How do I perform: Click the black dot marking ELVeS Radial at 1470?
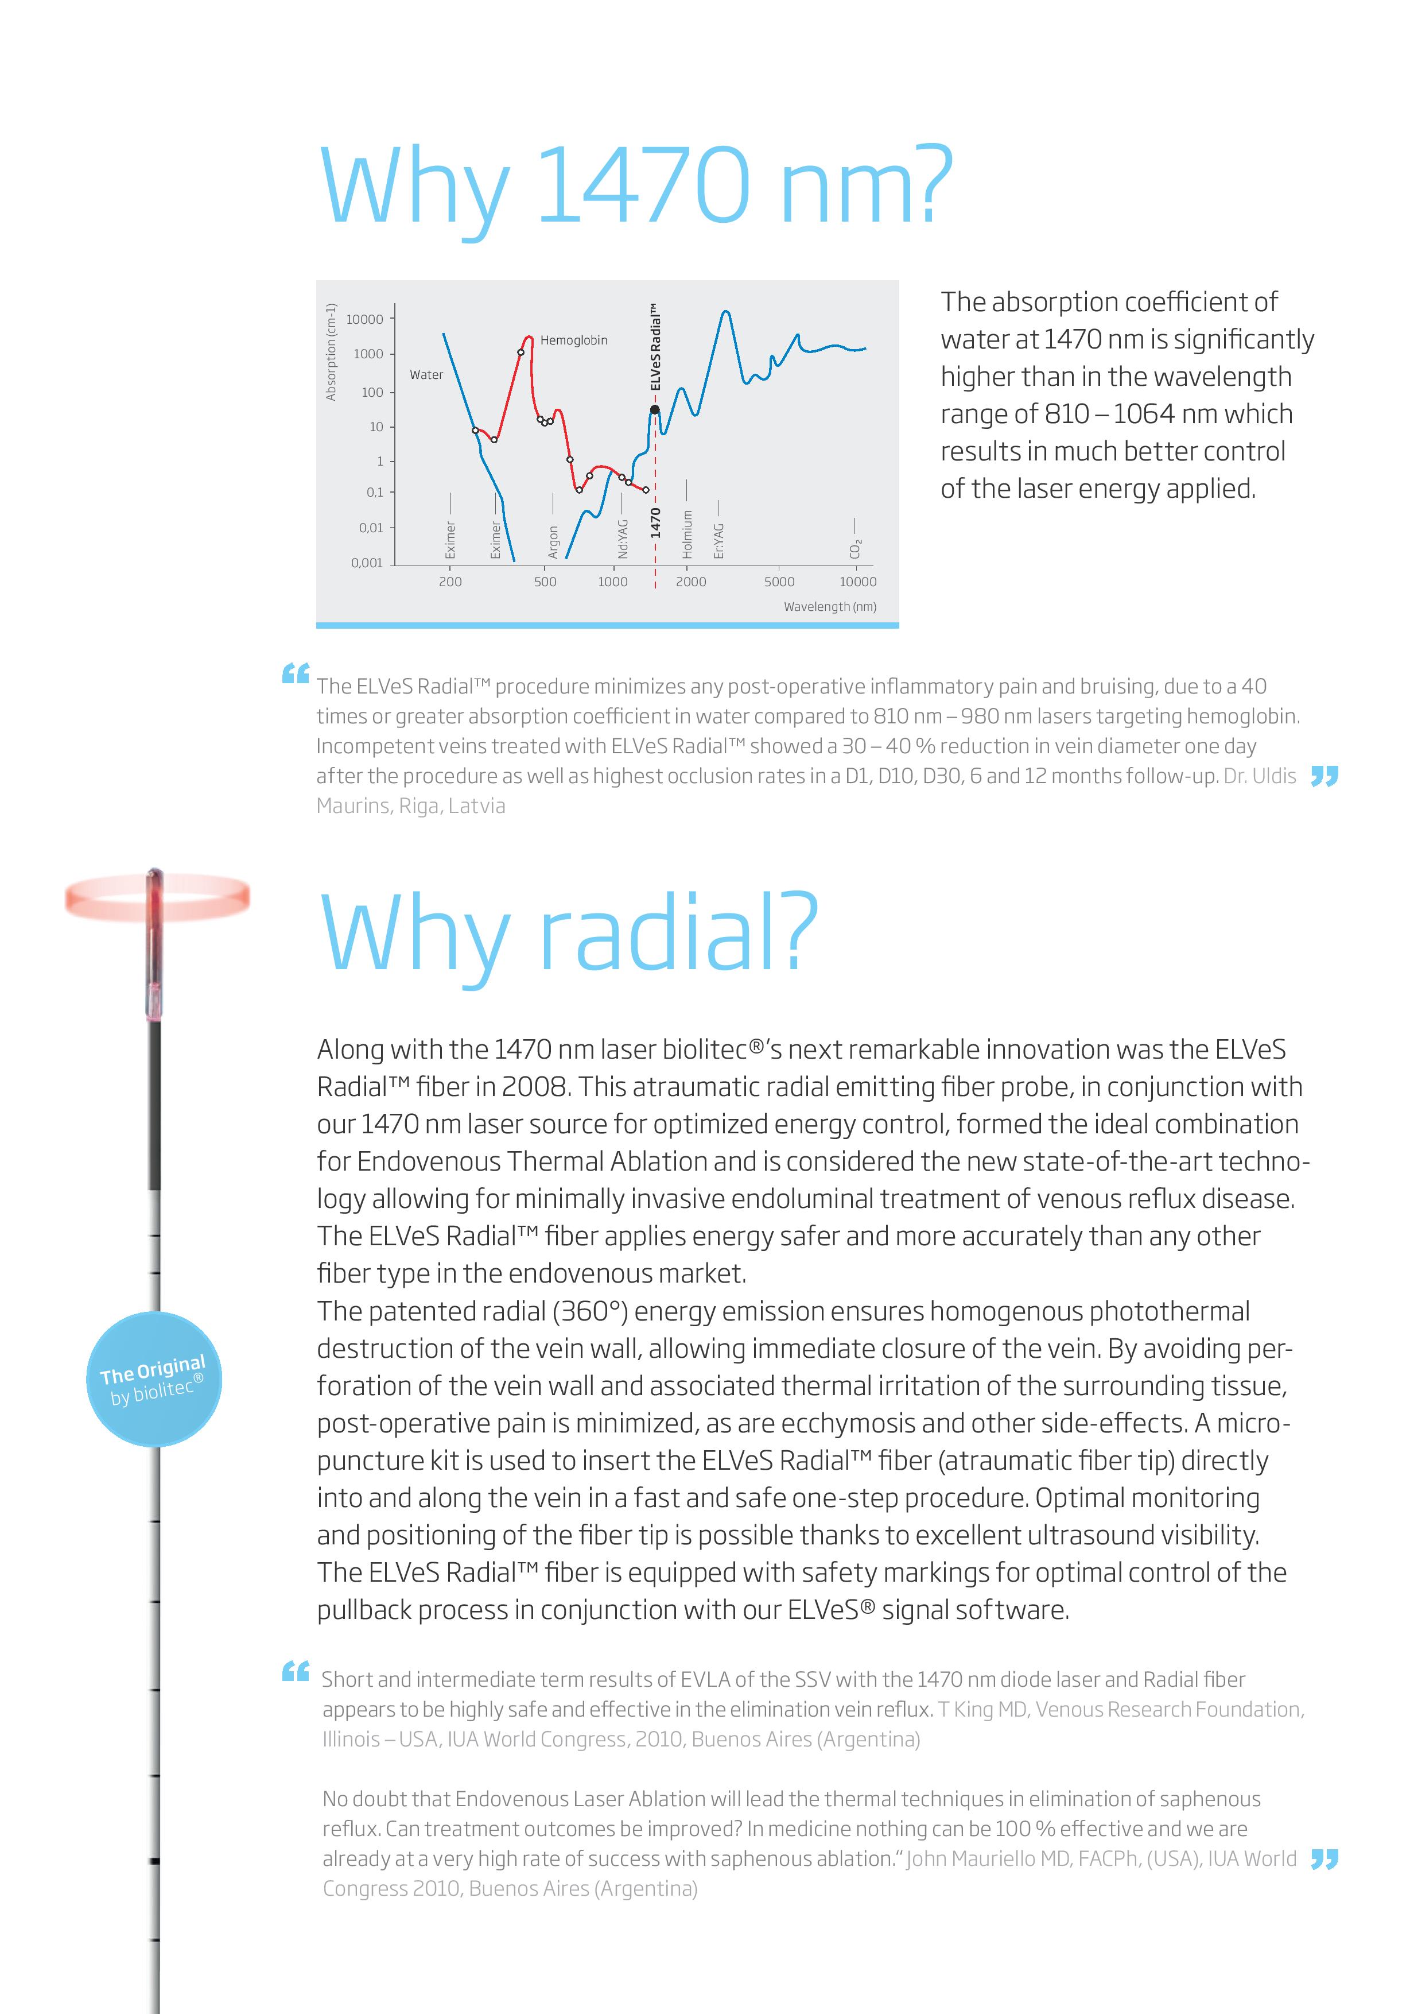click(654, 410)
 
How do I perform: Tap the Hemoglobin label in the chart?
click(573, 340)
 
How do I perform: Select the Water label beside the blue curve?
click(426, 374)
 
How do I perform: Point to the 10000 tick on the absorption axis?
click(365, 319)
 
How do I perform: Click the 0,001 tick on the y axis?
click(367, 562)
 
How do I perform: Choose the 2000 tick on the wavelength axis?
click(691, 582)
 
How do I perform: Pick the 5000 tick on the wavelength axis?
click(779, 582)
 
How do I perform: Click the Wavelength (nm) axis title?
click(829, 606)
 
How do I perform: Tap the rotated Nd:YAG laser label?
click(623, 539)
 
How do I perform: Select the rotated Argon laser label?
click(553, 541)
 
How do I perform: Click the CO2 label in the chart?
click(856, 548)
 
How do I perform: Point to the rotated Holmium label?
click(687, 534)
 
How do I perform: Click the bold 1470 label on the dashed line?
click(655, 523)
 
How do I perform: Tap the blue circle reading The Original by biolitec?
click(154, 1379)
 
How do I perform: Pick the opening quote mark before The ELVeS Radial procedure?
click(296, 673)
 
